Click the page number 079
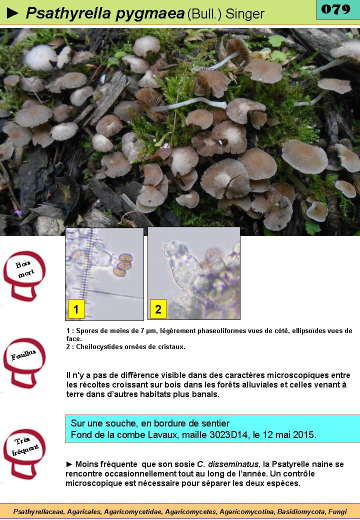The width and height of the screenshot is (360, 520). (336, 9)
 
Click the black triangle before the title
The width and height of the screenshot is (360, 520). (12, 13)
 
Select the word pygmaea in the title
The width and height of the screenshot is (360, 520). (150, 13)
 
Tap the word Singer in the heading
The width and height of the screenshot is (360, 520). (245, 14)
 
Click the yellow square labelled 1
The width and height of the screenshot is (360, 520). (76, 309)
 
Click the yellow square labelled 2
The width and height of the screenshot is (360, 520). (158, 309)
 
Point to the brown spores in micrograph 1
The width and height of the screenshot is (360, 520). (123, 265)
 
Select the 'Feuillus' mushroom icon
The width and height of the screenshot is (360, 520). (24, 362)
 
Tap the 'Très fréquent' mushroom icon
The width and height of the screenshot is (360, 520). (24, 453)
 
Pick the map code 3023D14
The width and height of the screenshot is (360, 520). (228, 434)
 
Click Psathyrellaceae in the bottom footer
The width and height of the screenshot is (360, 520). (39, 511)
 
